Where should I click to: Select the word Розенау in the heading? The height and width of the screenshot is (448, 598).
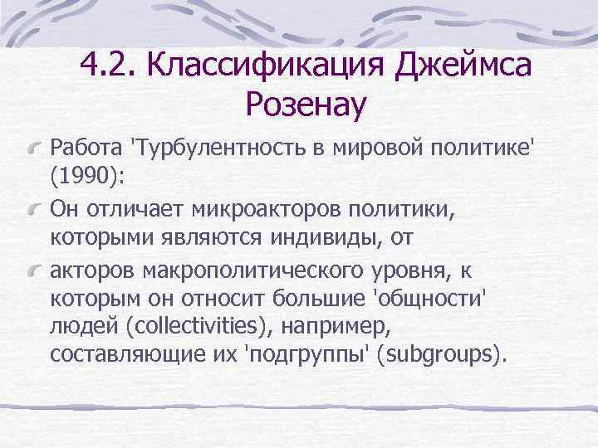pos(306,105)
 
